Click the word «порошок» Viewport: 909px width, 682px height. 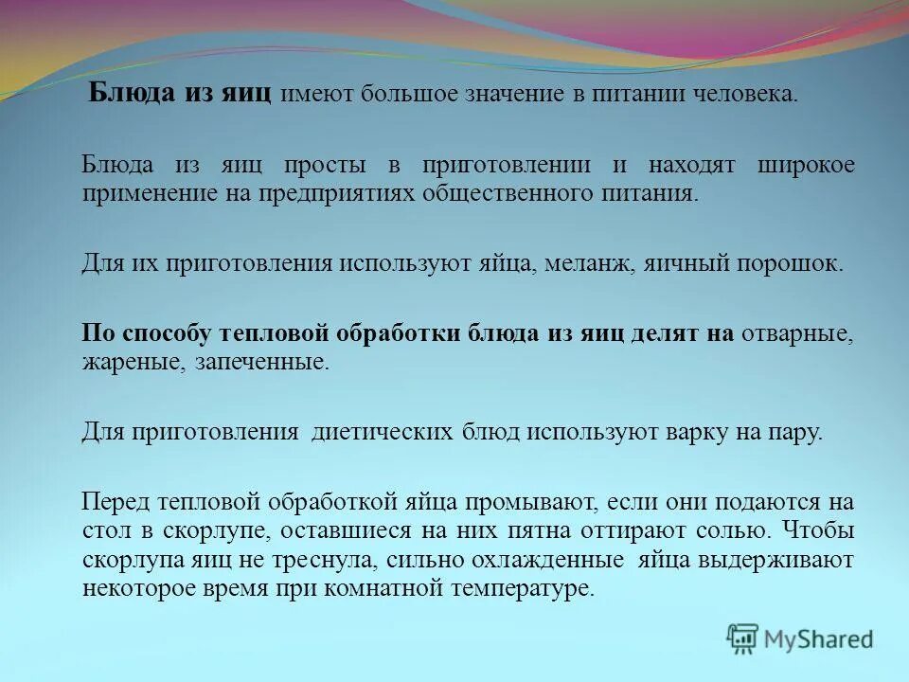tap(793, 262)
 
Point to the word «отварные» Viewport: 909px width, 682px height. tap(796, 333)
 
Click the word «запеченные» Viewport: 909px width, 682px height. tap(275, 362)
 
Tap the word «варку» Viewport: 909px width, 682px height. tap(694, 433)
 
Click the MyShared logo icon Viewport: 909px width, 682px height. tap(743, 638)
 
